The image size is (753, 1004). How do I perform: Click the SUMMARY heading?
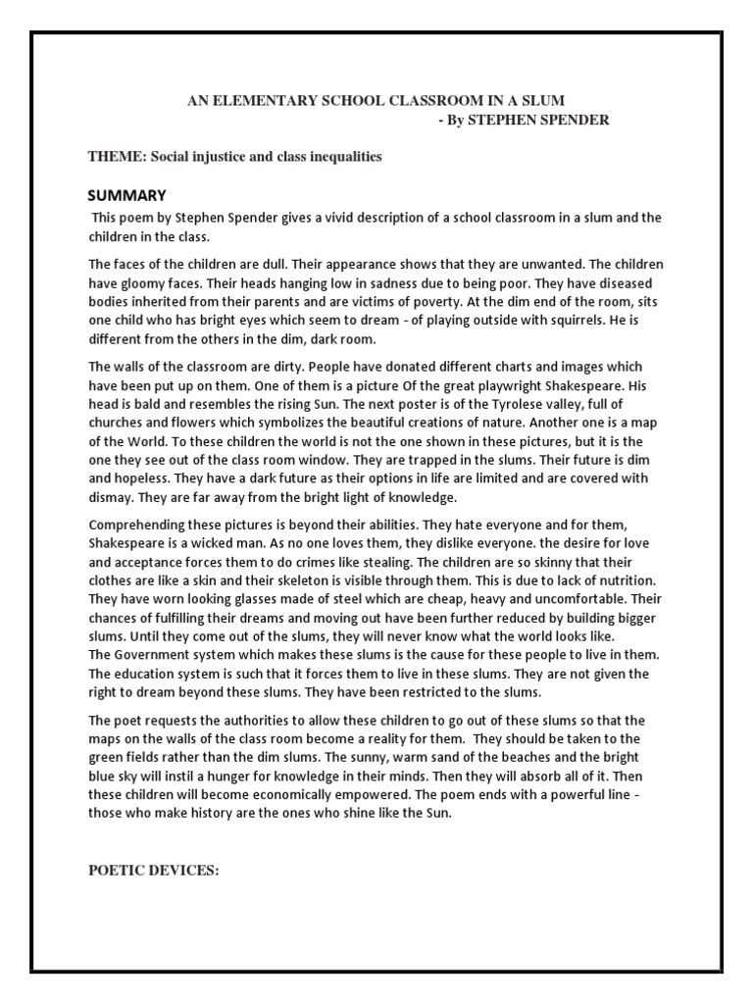(x=126, y=194)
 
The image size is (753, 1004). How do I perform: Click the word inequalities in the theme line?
(x=343, y=157)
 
